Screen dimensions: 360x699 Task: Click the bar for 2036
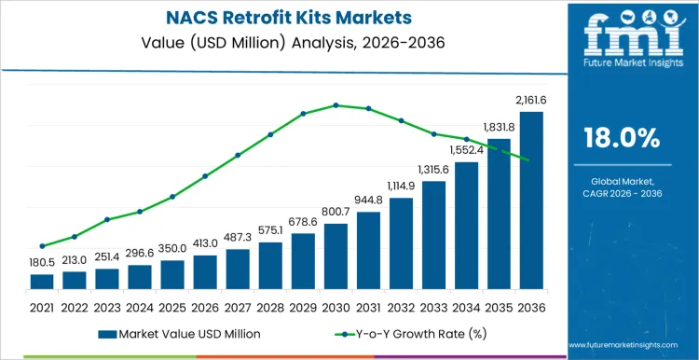(531, 201)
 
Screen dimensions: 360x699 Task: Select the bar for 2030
(336, 256)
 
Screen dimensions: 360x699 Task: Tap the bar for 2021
(42, 282)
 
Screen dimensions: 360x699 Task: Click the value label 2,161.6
(531, 101)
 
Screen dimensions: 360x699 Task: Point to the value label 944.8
(368, 201)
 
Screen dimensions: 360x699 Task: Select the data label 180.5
(42, 263)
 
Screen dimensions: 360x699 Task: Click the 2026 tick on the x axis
(205, 306)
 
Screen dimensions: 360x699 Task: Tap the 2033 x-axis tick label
(433, 306)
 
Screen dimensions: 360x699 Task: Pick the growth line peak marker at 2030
(336, 105)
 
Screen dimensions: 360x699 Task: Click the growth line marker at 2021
(42, 246)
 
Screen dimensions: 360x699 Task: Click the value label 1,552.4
(466, 150)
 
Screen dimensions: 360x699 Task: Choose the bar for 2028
(270, 266)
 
